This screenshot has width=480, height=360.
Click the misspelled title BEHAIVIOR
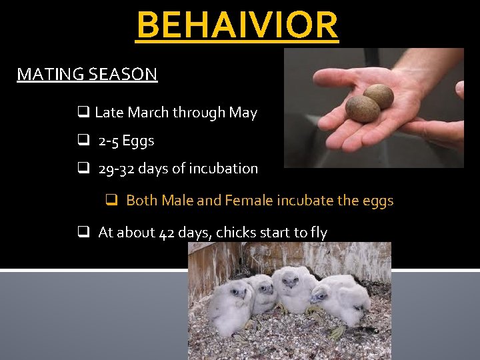click(237, 25)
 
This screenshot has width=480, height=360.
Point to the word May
click(243, 113)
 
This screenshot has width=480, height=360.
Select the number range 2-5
click(109, 141)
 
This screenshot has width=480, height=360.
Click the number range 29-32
click(118, 169)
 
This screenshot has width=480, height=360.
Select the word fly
click(317, 233)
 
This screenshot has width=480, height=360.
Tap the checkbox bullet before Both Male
click(113, 200)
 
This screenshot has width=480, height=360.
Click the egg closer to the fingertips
click(362, 109)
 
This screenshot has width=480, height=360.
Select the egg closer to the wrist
click(379, 96)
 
